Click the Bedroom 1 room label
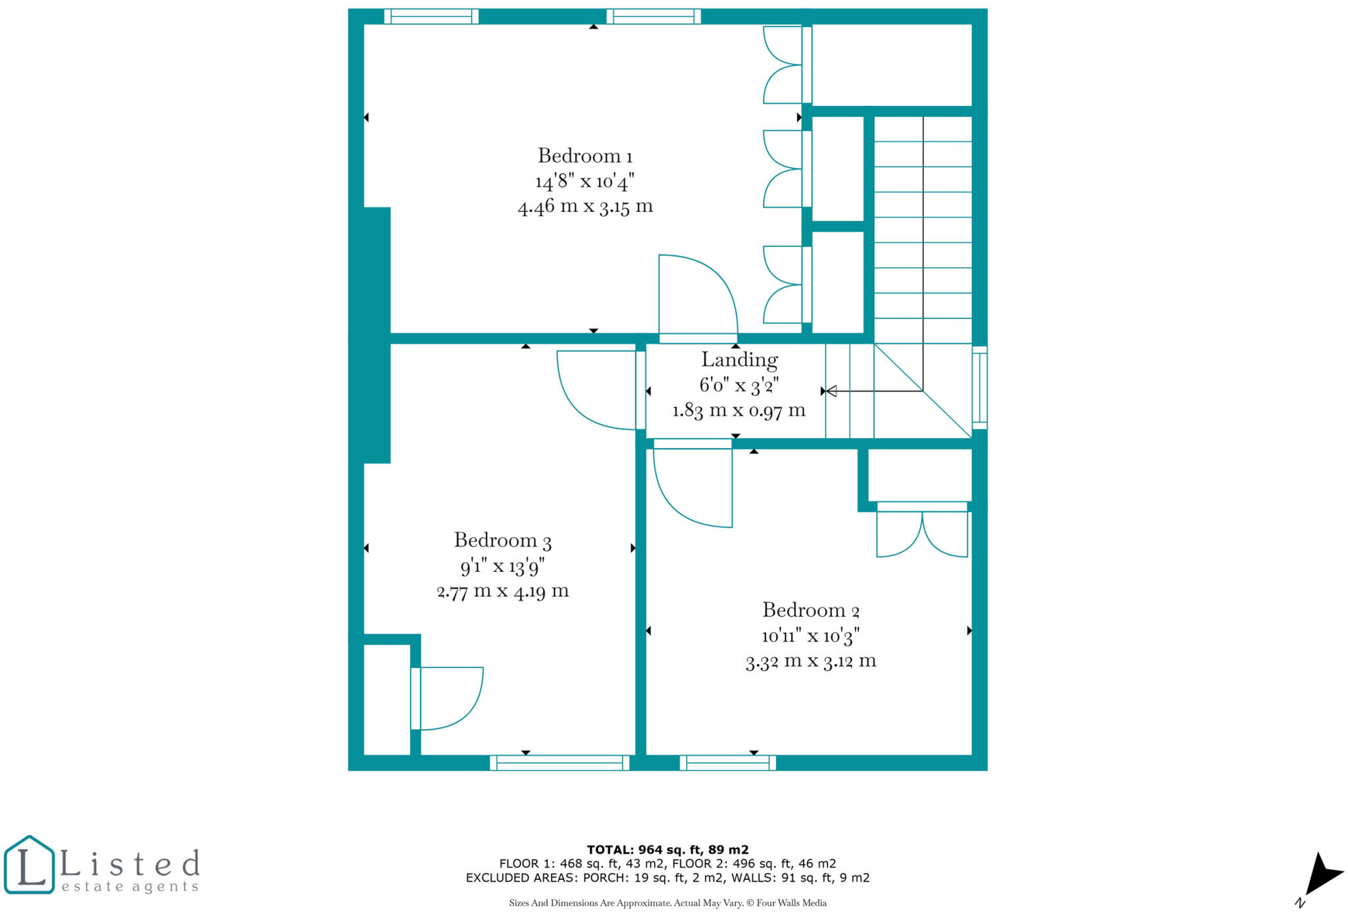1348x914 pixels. pos(584,156)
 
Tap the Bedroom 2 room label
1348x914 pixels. pos(810,610)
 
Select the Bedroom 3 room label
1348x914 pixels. pos(502,540)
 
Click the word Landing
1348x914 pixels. pos(739,359)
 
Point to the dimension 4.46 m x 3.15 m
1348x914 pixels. pos(584,207)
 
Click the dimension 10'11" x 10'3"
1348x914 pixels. pos(810,636)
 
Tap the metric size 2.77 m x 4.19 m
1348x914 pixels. pos(502,591)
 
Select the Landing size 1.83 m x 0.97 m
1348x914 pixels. pos(739,411)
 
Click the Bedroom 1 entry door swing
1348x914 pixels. pos(698,296)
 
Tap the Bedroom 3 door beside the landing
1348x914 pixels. pos(596,390)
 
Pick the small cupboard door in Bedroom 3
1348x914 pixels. pos(448,698)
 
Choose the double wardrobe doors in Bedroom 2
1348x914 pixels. pos(921,530)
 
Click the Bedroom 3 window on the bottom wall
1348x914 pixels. pos(559,763)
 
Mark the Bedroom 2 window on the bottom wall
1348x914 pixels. pos(727,763)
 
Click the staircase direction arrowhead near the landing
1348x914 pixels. pos(831,391)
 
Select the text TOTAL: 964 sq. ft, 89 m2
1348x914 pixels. pos(667,850)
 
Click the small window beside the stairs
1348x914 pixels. pos(979,388)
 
